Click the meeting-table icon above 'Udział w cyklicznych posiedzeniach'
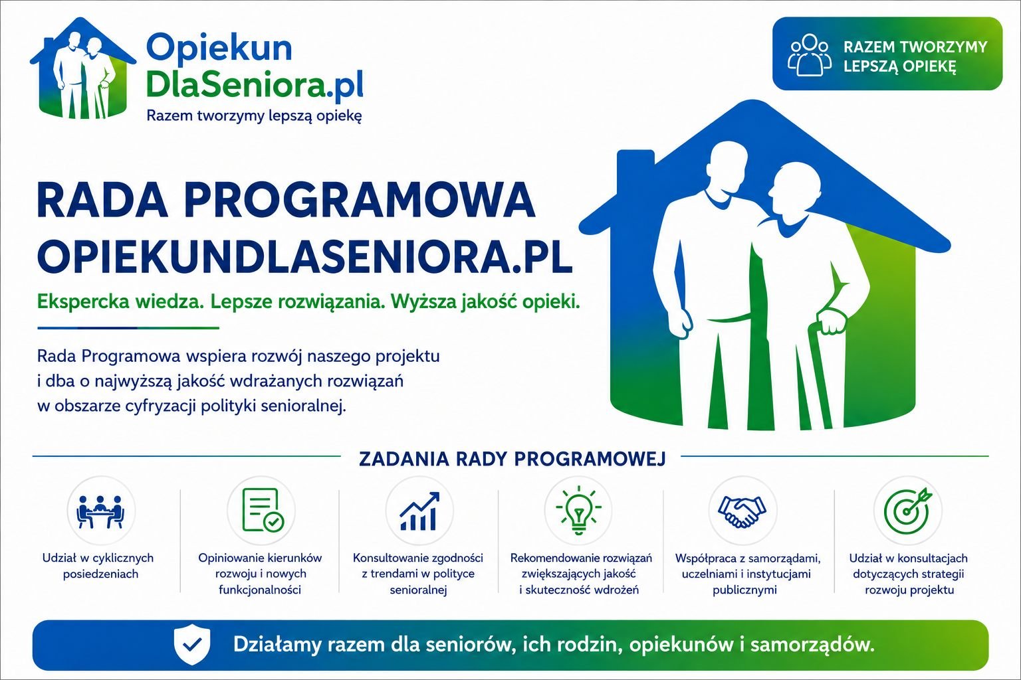[101, 512]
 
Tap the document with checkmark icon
[263, 509]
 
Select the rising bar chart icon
[419, 511]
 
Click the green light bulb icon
[578, 510]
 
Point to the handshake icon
[742, 511]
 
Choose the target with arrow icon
[907, 509]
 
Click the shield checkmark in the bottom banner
[192, 645]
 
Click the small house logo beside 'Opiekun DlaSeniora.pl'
[83, 68]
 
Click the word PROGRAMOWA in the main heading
[360, 200]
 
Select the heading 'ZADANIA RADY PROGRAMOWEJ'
[512, 459]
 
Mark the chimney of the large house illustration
[635, 169]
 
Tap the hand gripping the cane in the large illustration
[831, 321]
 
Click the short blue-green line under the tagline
[128, 327]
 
